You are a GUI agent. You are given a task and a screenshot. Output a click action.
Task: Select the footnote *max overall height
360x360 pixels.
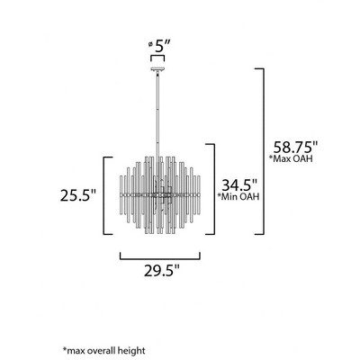coord(103,349)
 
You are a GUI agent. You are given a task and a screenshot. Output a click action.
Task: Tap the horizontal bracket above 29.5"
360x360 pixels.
coord(159,256)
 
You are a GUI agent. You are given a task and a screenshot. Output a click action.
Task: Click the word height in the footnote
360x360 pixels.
coord(131,349)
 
